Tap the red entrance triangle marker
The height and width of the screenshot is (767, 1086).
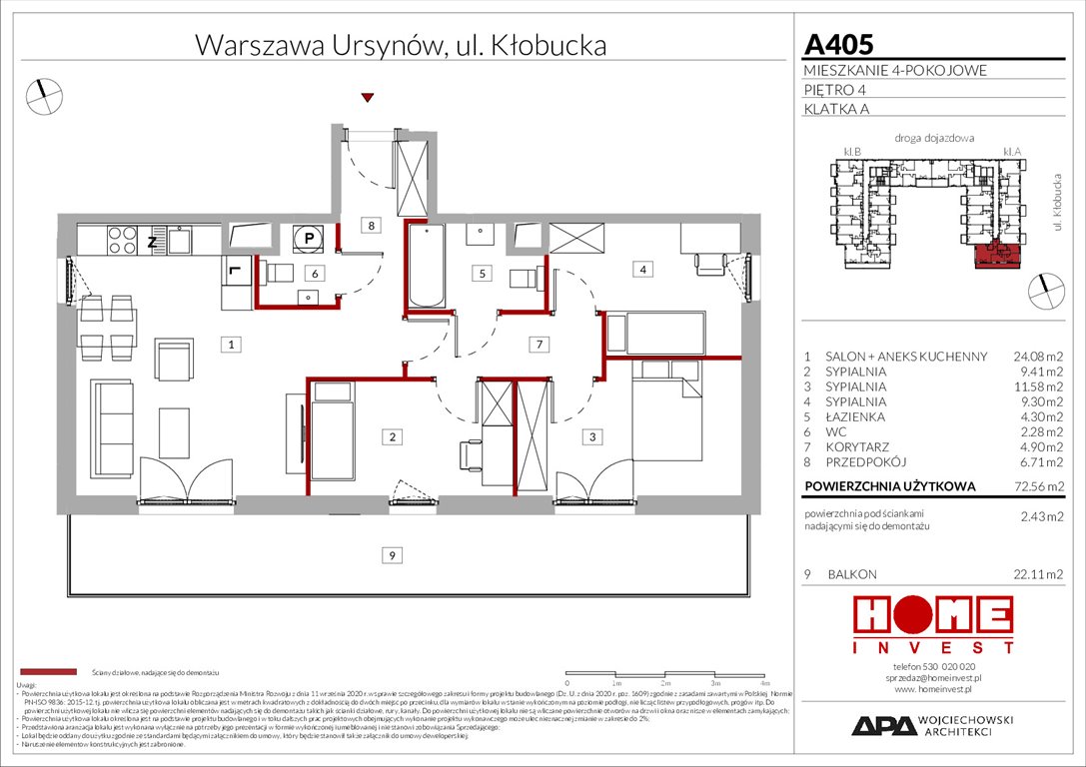(x=368, y=97)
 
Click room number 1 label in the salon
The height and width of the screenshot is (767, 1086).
(x=231, y=346)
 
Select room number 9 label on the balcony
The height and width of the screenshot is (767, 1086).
(x=393, y=554)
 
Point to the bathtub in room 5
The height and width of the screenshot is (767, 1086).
(x=424, y=266)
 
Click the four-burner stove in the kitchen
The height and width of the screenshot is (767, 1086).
(x=122, y=241)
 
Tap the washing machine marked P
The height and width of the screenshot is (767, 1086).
(x=309, y=239)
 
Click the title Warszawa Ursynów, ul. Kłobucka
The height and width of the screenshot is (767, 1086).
(x=400, y=45)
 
